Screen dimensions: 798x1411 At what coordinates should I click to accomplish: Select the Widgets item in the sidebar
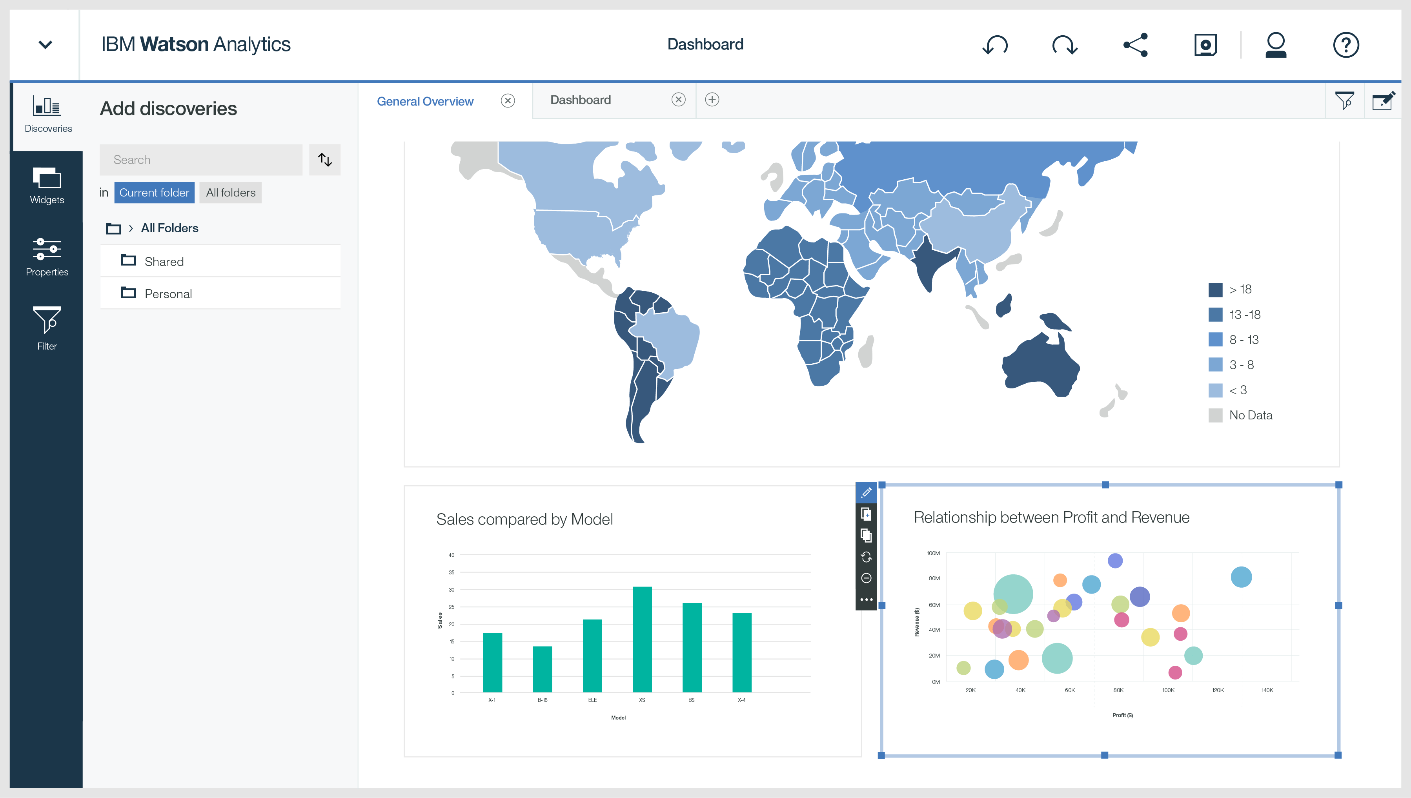(x=47, y=185)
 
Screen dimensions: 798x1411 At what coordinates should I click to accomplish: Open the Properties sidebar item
(x=47, y=257)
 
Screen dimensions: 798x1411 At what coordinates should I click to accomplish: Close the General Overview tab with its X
(x=508, y=101)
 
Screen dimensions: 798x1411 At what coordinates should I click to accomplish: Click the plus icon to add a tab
(x=712, y=100)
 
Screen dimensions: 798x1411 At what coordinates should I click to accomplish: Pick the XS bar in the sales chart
(x=642, y=639)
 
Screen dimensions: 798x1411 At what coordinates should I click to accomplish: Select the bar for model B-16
(x=542, y=669)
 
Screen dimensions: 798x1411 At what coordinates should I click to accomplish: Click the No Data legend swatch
(x=1215, y=415)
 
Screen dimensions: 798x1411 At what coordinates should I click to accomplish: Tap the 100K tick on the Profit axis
(x=1168, y=690)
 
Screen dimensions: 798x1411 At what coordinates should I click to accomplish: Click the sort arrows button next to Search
(x=325, y=160)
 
